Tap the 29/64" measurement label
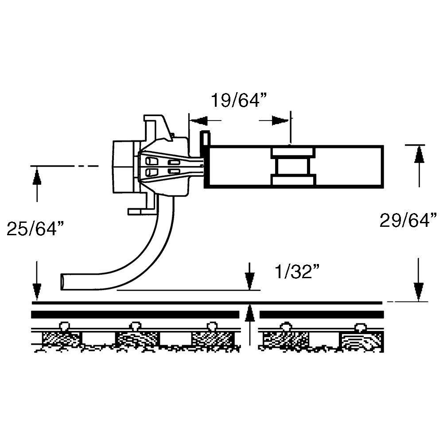click(408, 220)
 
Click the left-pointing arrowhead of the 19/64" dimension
click(199, 120)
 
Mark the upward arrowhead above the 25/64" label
click(37, 177)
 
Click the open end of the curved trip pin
click(63, 282)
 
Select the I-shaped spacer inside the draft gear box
click(292, 167)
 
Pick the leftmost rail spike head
click(64, 326)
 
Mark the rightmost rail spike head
click(360, 327)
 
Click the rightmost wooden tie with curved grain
click(361, 342)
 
